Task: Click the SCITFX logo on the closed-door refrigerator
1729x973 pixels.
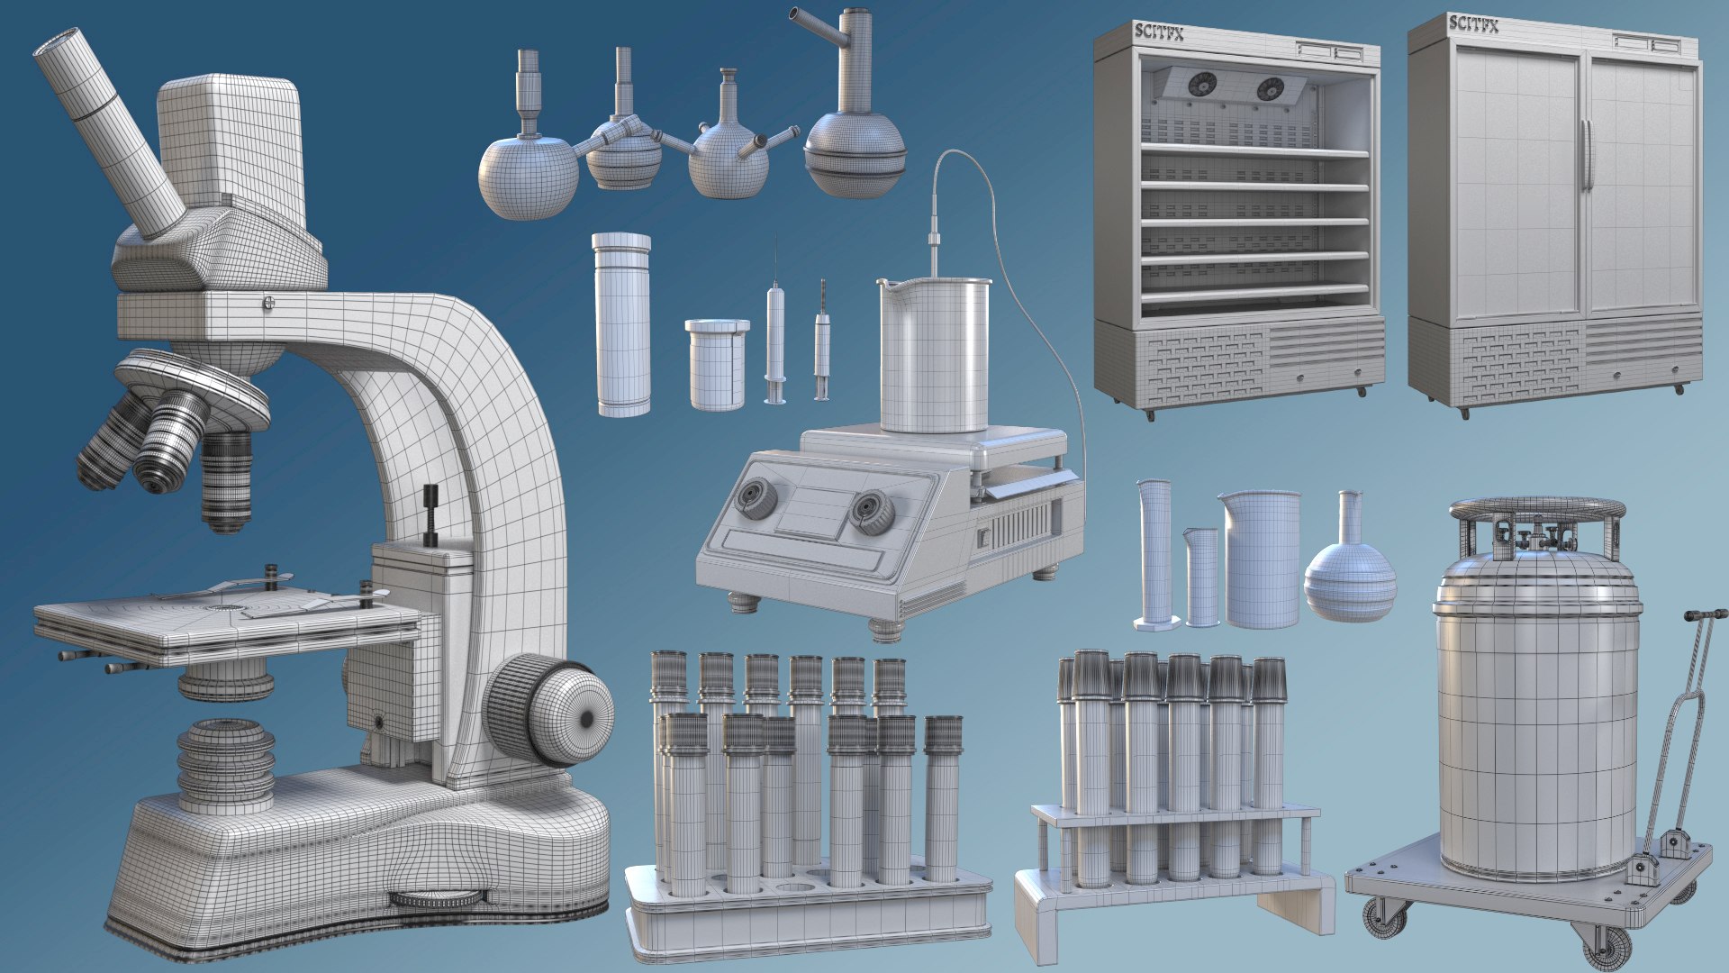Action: [x=1473, y=24]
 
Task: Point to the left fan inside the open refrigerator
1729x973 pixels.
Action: [x=1201, y=85]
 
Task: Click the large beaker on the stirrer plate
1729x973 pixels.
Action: [x=934, y=356]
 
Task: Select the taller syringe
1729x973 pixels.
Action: [x=775, y=342]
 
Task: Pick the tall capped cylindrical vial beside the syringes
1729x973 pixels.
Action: [x=622, y=324]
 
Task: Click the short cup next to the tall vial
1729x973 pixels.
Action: [x=717, y=365]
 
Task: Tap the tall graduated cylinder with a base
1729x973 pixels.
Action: [x=1154, y=554]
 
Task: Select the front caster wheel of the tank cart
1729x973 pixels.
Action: [x=1606, y=946]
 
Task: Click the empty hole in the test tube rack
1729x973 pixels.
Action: [x=793, y=889]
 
